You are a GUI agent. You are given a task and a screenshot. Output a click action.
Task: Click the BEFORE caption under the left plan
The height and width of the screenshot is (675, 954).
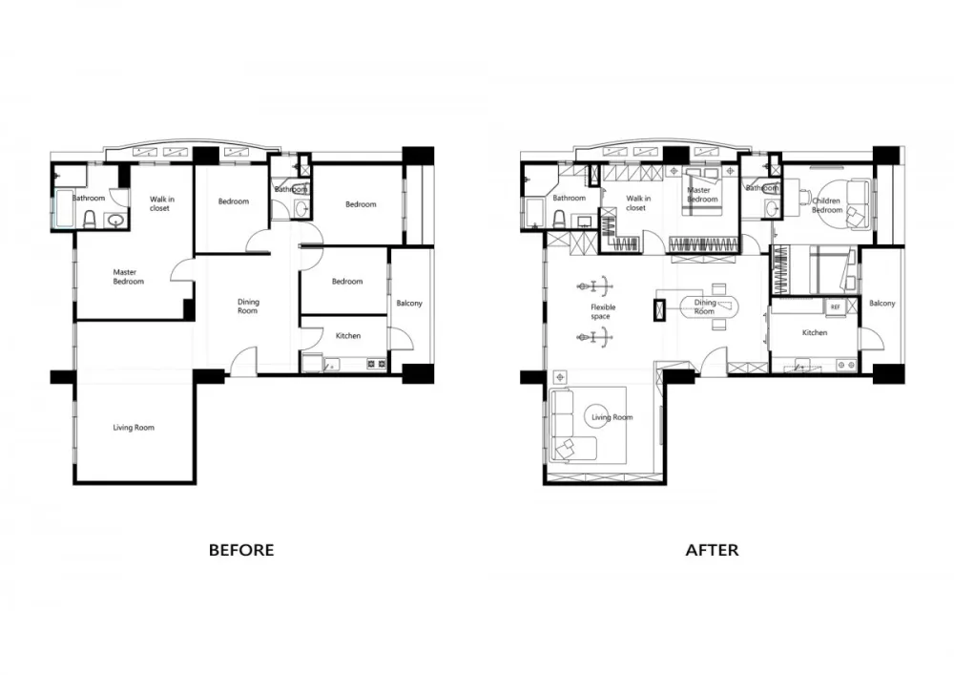pos(241,550)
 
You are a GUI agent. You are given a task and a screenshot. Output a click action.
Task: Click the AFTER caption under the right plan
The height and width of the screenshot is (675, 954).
pos(712,550)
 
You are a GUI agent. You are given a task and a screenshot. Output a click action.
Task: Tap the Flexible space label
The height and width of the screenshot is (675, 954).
pos(603,311)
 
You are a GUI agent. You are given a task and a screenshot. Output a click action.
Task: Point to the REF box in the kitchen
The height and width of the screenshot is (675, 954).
pos(836,306)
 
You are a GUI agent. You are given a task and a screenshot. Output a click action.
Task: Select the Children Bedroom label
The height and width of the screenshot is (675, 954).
pos(827,206)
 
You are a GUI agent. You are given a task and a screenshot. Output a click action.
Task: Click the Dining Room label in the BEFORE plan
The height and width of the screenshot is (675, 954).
pos(248,306)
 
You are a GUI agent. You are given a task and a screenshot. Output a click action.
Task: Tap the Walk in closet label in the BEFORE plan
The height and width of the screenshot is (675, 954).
pos(160,203)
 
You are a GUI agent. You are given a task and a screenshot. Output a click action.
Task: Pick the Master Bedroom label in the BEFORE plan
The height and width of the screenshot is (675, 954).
pos(128,277)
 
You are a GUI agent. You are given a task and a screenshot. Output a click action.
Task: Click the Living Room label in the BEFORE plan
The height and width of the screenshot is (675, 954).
pos(133,428)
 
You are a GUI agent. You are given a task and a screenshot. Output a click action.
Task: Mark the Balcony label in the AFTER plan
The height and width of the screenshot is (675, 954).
pos(882,304)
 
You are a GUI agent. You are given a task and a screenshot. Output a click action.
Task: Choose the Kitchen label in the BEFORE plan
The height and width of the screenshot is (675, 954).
pos(348,336)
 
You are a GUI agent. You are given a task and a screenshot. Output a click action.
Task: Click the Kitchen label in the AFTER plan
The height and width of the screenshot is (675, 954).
pos(815,333)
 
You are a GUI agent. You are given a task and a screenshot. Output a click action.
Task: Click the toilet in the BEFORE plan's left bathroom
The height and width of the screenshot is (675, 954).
pos(90,221)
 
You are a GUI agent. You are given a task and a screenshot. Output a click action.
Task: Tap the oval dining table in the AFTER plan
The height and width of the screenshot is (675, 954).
pos(707,306)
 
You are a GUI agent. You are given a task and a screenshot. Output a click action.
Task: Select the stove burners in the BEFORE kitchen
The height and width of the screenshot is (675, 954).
pos(376,364)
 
